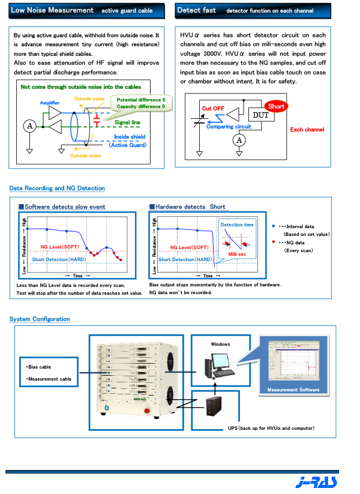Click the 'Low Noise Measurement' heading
pyautogui.click(x=52, y=10)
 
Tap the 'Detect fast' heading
pyautogui.click(x=196, y=10)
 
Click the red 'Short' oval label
pyautogui.click(x=276, y=106)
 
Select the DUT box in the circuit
pyautogui.click(x=261, y=115)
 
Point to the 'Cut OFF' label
pyautogui.click(x=213, y=108)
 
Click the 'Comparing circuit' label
pyautogui.click(x=229, y=127)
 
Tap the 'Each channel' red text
pyautogui.click(x=307, y=130)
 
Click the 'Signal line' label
pyautogui.click(x=127, y=122)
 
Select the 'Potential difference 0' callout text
pyautogui.click(x=140, y=99)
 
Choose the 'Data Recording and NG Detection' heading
pyautogui.click(x=57, y=188)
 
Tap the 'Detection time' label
pyautogui.click(x=236, y=225)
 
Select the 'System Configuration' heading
pyautogui.click(x=40, y=319)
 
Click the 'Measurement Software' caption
pyautogui.click(x=293, y=390)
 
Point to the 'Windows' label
pyautogui.click(x=220, y=345)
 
